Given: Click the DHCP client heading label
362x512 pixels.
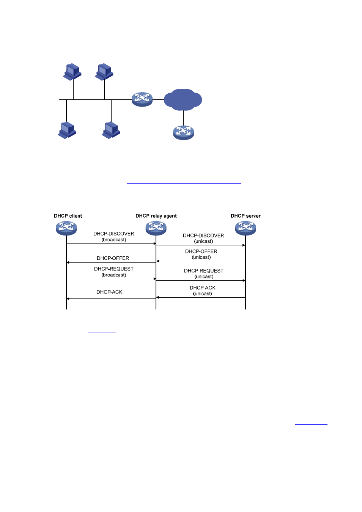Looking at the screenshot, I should click(x=68, y=216).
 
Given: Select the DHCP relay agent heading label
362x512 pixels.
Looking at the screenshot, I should click(x=156, y=216).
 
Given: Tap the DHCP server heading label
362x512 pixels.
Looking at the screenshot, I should click(x=246, y=216).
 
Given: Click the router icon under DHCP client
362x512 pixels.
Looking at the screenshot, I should click(x=66, y=228).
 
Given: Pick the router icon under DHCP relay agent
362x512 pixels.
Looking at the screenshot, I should click(x=156, y=228).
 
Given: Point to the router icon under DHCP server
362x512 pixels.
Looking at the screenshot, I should click(x=246, y=228).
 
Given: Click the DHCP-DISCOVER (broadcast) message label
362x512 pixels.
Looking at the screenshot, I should click(x=114, y=237).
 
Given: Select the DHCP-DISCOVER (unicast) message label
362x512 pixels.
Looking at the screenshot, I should click(x=203, y=238).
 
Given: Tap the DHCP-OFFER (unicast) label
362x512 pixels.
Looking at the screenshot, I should click(x=201, y=254).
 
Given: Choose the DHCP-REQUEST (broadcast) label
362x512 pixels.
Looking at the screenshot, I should click(x=114, y=272).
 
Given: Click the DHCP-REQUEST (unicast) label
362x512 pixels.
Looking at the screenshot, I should click(x=204, y=273).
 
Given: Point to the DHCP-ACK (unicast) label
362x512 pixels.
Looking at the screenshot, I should click(x=203, y=291).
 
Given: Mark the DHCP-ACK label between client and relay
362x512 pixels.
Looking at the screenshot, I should click(x=109, y=292).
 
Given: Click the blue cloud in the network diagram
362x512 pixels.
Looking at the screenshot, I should click(x=183, y=99).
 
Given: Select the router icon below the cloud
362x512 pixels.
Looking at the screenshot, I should click(x=183, y=133).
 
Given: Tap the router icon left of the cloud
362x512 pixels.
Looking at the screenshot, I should click(x=142, y=99).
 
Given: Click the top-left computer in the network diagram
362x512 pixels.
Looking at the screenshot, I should click(x=72, y=72).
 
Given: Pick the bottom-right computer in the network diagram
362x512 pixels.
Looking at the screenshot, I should click(x=111, y=130).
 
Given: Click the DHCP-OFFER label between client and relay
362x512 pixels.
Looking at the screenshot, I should click(x=113, y=258).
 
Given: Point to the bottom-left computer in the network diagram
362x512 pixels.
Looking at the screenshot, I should click(x=67, y=130).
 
